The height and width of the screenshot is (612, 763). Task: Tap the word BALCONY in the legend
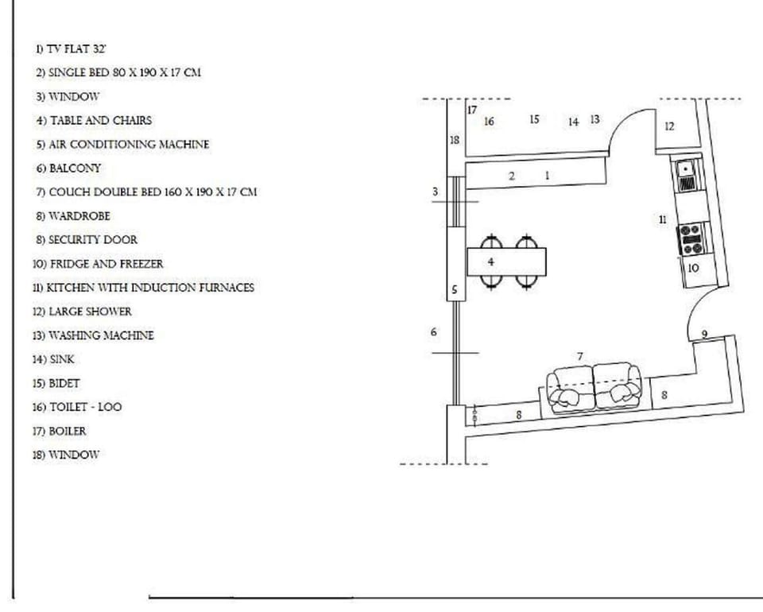click(75, 168)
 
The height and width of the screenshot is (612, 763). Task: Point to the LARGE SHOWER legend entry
click(83, 312)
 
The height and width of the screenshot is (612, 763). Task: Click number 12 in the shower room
click(669, 126)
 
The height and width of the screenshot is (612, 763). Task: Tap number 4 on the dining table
click(491, 261)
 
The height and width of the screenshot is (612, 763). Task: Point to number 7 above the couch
click(580, 356)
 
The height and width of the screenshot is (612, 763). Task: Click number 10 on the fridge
click(693, 269)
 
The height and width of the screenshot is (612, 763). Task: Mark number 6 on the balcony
click(434, 331)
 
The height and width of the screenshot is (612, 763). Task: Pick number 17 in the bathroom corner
click(472, 110)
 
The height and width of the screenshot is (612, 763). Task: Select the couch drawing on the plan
click(595, 387)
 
